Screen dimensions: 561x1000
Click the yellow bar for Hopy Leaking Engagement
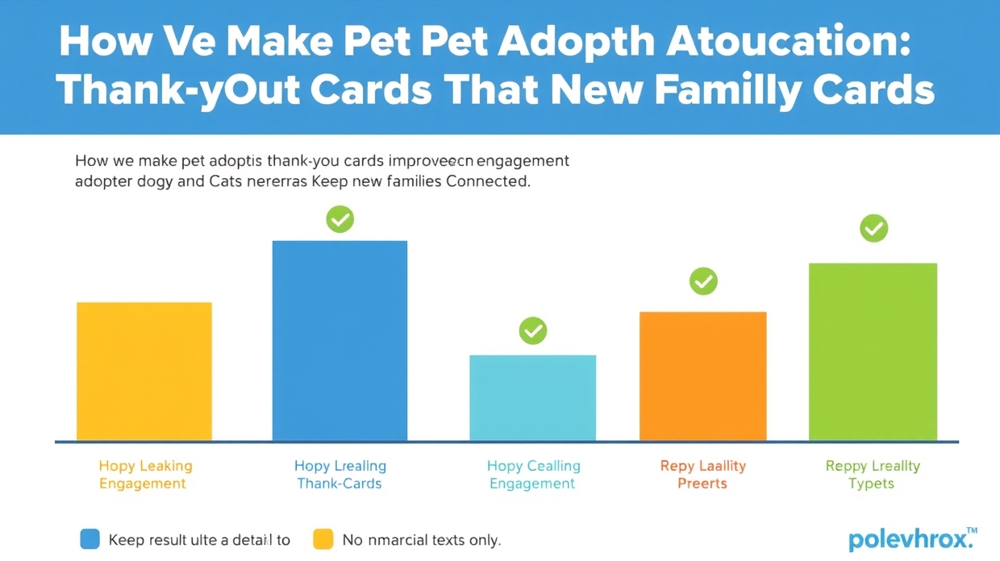point(144,372)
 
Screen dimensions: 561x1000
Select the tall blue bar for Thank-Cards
point(340,340)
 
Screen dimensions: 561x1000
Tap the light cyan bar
point(532,397)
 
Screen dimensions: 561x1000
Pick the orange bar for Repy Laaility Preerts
point(702,376)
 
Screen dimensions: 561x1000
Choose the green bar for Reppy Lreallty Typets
point(873,351)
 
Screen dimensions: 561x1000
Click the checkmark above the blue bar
point(340,218)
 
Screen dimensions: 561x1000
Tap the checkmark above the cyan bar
point(532,330)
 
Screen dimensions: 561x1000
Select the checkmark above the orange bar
point(703,281)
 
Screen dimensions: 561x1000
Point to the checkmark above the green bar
point(873,229)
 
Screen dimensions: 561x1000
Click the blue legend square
point(90,539)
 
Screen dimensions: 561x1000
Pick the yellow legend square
point(323,539)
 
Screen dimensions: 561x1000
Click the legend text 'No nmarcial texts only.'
point(422,540)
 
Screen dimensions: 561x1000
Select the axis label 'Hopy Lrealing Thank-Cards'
point(340,475)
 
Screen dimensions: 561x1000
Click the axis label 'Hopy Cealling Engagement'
point(533,475)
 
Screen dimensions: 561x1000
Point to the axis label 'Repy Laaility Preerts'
point(702,475)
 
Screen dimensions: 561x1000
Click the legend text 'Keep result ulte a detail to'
point(199,540)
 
